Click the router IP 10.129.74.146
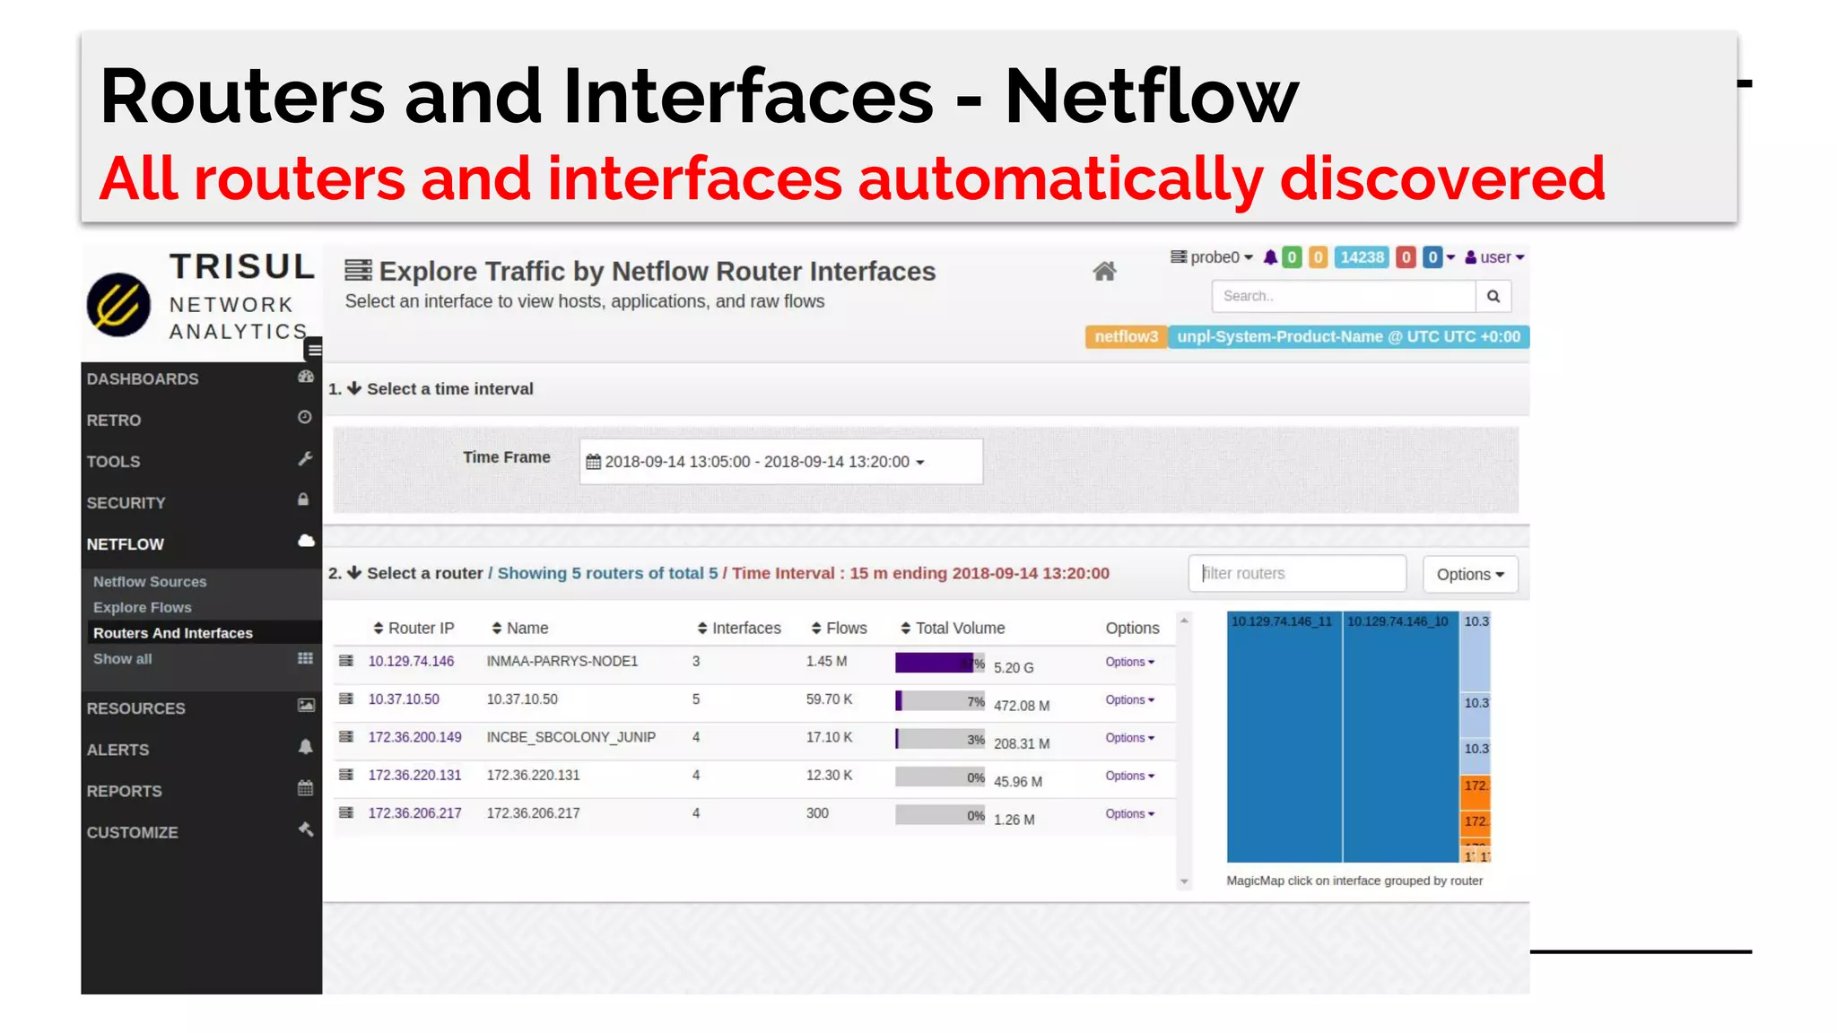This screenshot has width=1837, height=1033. click(411, 661)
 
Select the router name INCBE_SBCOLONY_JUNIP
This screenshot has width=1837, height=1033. click(570, 737)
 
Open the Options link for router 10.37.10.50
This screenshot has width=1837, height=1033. click(1128, 699)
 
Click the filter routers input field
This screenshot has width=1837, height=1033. click(1296, 574)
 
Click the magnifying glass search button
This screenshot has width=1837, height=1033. click(1493, 296)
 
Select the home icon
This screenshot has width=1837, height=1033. click(1104, 271)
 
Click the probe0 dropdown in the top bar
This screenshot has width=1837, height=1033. click(1212, 257)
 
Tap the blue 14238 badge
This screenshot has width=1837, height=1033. click(1362, 257)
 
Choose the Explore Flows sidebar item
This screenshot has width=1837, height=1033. click(142, 607)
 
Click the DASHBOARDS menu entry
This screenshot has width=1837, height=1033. click(143, 378)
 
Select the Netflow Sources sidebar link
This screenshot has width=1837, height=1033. click(150, 582)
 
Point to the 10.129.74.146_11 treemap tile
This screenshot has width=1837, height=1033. click(1284, 735)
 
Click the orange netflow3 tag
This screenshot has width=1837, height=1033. click(1126, 336)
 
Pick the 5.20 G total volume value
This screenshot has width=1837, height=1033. click(1014, 668)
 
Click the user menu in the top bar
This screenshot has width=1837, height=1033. click(1494, 257)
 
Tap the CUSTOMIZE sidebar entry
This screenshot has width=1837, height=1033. click(133, 832)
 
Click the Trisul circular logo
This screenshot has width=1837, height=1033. click(118, 304)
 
